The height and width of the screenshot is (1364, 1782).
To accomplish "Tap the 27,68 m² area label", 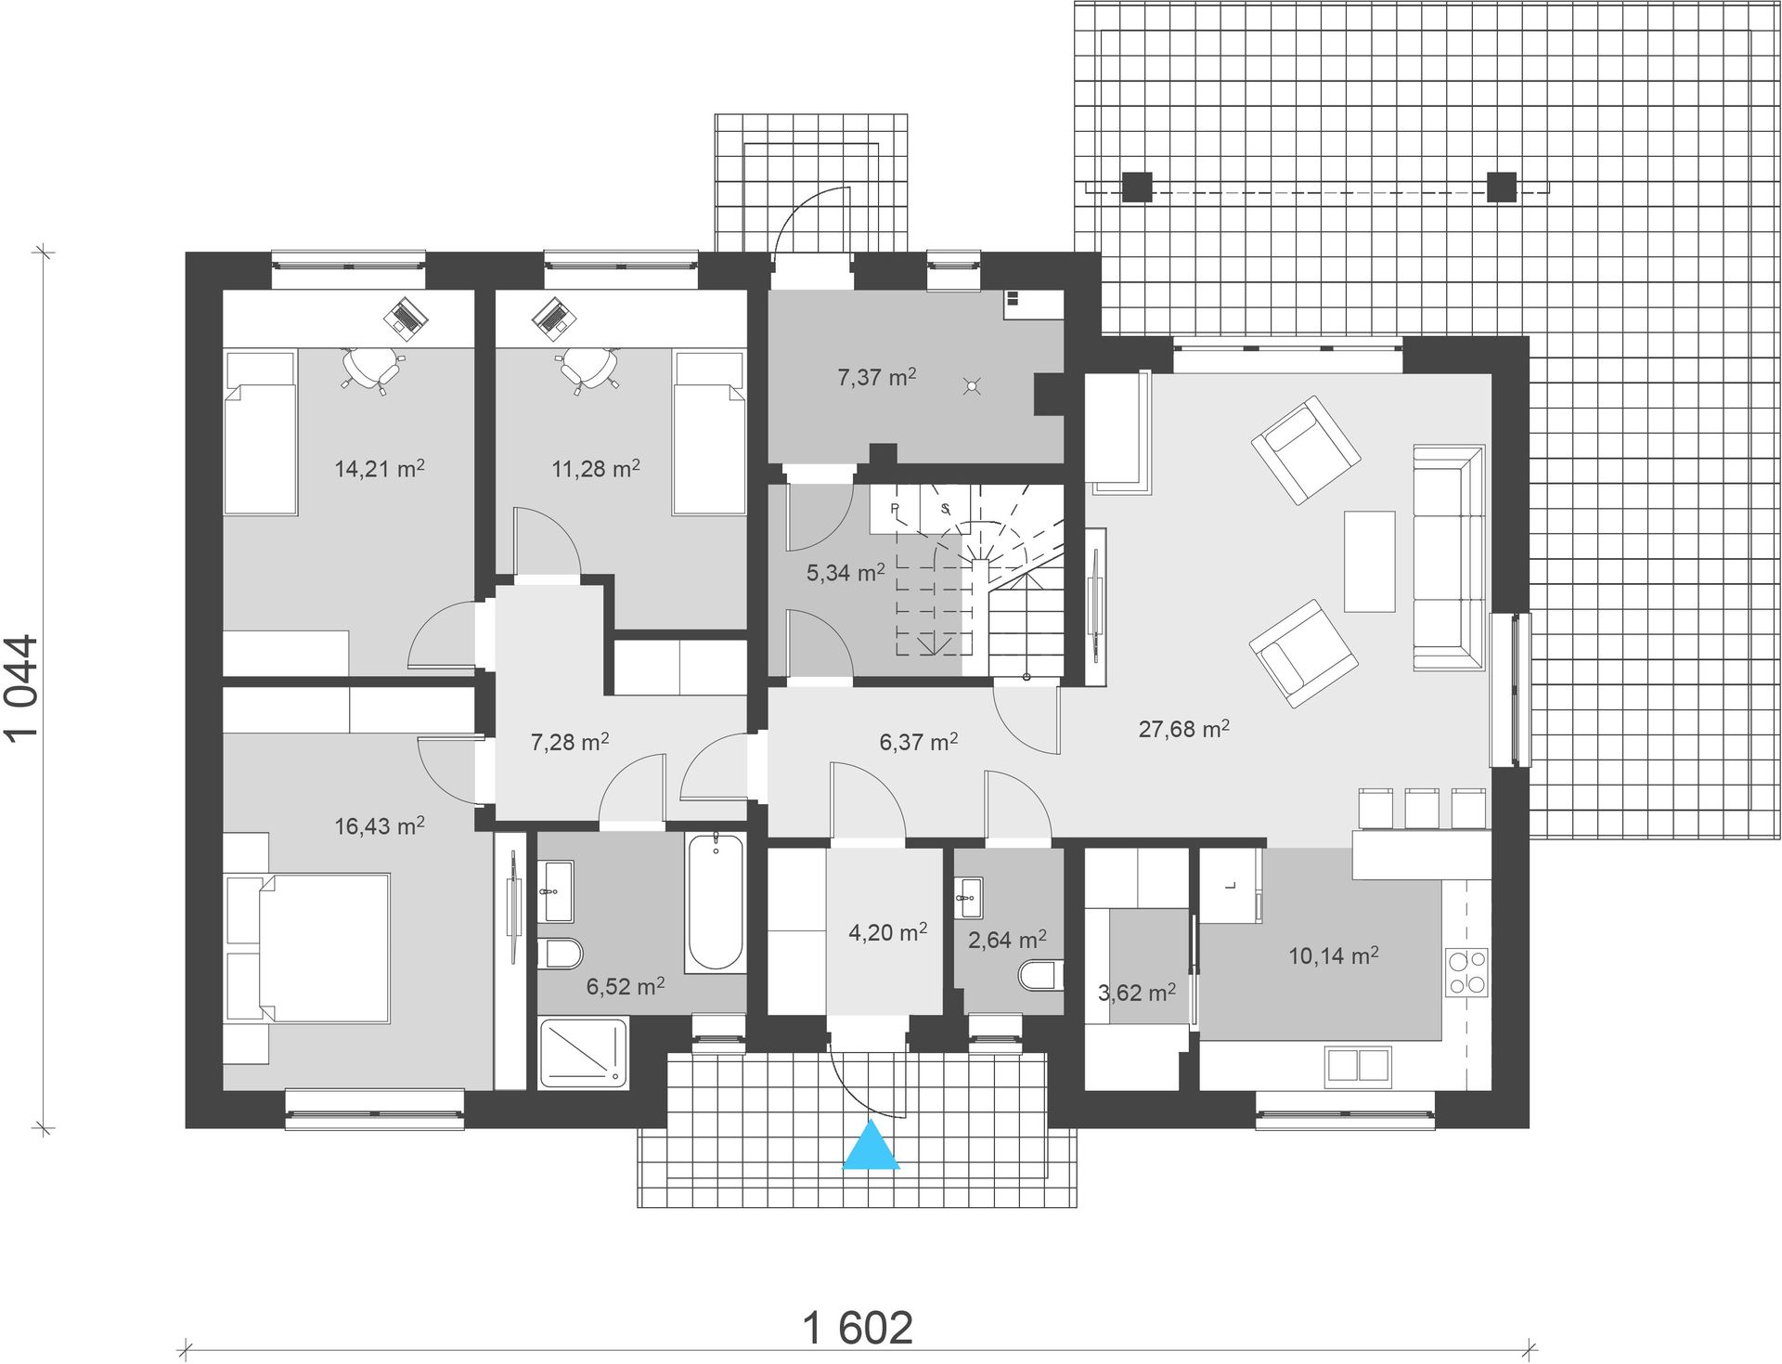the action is [1184, 729].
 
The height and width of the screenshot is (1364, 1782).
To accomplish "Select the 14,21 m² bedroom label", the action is [380, 468].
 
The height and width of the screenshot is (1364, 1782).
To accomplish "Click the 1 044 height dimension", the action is [22, 687].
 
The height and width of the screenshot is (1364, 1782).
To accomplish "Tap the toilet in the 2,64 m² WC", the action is [1039, 976].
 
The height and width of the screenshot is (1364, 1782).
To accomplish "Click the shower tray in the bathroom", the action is [585, 1053].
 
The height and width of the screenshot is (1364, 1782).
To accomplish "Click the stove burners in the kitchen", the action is [1466, 972].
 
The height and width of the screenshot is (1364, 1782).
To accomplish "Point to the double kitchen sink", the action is [1358, 1065].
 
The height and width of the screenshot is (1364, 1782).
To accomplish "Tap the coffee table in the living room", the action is [1369, 561].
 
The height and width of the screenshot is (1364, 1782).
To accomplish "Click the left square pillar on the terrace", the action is [1137, 187].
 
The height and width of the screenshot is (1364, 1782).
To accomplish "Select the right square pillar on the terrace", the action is [1501, 187].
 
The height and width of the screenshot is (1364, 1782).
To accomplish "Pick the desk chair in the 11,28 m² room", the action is [589, 368].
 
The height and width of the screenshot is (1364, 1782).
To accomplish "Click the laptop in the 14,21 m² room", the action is [406, 316].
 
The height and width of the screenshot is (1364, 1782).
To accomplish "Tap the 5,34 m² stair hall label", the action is [845, 572].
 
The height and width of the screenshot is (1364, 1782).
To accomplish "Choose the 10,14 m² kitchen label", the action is [1333, 955].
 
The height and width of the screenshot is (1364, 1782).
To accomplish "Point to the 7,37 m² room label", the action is [876, 377].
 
